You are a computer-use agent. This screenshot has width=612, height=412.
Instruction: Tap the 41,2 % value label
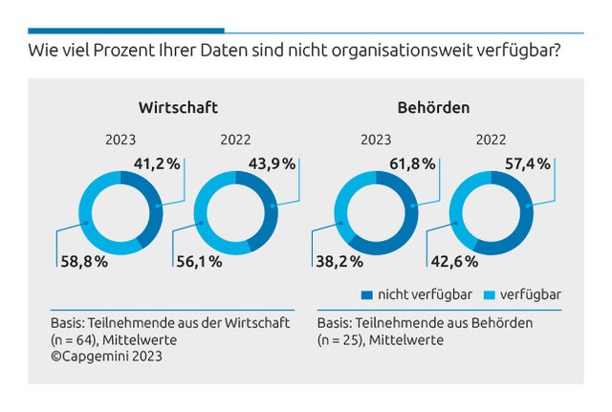coord(158,163)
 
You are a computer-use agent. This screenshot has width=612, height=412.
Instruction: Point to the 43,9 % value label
coord(273,163)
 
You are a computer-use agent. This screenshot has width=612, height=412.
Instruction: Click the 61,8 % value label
coord(412,163)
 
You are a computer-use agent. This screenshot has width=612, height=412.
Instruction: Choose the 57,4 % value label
coord(528,163)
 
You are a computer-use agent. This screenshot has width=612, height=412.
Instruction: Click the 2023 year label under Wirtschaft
coord(120,141)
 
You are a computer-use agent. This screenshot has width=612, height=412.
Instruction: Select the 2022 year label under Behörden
coord(492,141)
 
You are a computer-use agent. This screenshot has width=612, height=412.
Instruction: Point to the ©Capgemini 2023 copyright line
coord(106,357)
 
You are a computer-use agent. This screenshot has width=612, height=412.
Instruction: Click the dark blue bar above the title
coord(125,30)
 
